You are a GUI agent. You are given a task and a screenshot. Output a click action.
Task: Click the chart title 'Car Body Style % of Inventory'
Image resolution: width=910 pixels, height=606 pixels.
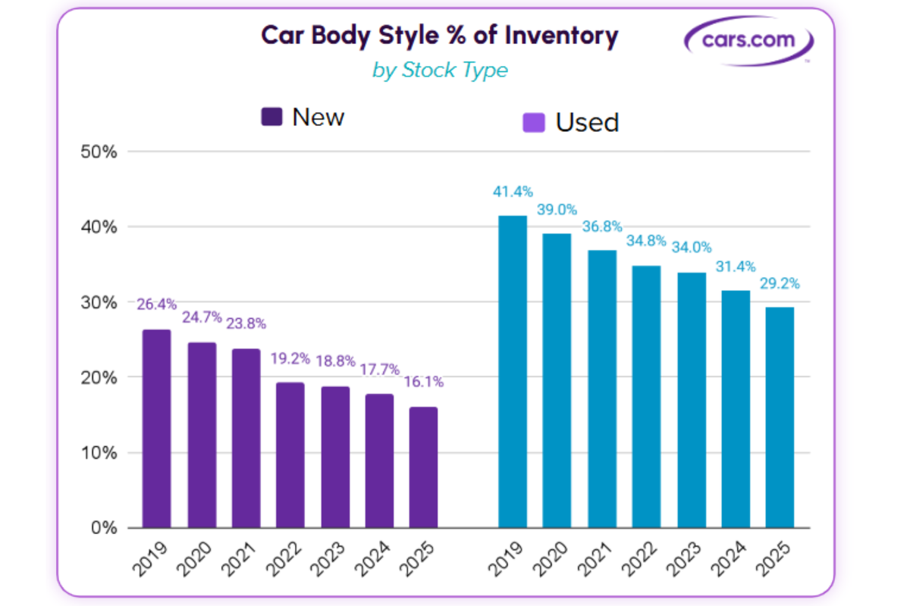[x=440, y=36]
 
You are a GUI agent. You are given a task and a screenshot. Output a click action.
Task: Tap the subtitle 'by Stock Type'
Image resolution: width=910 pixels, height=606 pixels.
[x=440, y=70]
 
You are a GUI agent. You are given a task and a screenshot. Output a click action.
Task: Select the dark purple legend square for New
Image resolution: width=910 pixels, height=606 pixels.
[x=271, y=117]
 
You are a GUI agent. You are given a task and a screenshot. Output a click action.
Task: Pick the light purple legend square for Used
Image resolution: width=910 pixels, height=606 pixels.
[x=535, y=122]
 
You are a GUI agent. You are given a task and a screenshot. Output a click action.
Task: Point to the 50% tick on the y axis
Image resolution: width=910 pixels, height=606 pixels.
[x=99, y=151]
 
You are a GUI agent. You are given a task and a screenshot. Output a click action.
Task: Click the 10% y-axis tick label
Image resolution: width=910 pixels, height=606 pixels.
[x=99, y=453]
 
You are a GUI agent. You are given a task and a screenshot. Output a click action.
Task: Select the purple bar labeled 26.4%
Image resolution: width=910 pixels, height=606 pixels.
[x=156, y=429]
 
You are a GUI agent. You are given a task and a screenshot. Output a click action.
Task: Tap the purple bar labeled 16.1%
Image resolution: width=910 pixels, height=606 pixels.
[x=423, y=467]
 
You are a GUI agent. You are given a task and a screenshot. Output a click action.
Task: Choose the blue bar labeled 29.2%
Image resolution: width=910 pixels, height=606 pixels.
[x=780, y=417]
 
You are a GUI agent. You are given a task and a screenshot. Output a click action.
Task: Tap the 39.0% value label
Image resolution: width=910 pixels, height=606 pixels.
[x=557, y=210]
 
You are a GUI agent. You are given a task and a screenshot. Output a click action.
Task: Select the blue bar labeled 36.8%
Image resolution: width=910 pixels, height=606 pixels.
[x=601, y=389]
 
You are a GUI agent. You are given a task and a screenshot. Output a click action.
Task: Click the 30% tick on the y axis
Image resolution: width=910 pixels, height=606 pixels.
[x=99, y=302]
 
